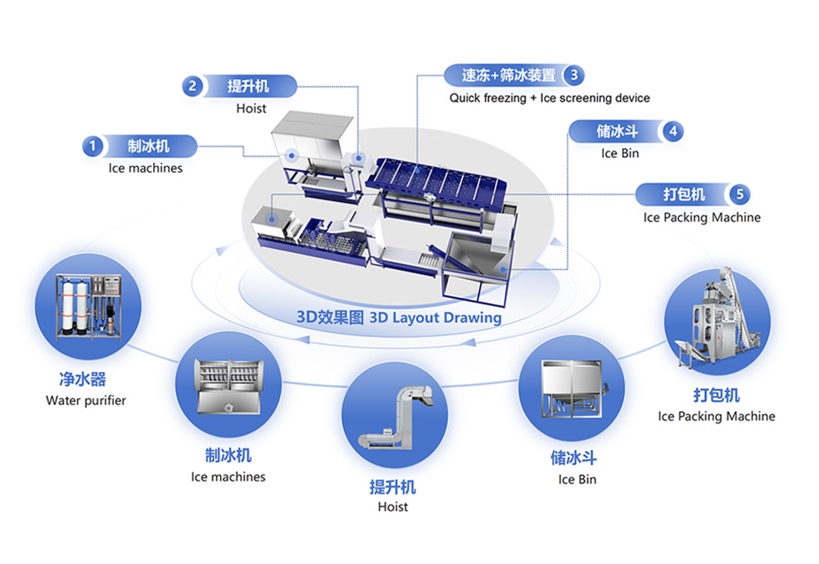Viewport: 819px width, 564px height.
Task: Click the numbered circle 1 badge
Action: [93, 147]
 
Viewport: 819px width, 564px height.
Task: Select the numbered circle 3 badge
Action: [574, 75]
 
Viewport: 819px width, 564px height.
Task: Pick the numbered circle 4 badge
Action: [672, 131]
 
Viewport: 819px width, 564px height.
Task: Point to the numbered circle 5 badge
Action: [740, 195]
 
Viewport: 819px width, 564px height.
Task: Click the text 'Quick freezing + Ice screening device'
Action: [550, 98]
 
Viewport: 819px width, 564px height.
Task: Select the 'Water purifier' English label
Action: [86, 400]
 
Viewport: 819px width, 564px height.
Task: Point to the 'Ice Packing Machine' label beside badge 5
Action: [702, 218]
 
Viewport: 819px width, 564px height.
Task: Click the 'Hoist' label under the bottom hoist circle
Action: [393, 507]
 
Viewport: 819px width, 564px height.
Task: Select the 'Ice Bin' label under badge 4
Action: [620, 153]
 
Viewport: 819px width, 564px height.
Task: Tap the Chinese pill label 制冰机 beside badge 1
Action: [149, 147]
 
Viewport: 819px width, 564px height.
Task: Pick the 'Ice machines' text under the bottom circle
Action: [229, 476]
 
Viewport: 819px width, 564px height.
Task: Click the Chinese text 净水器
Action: [83, 380]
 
